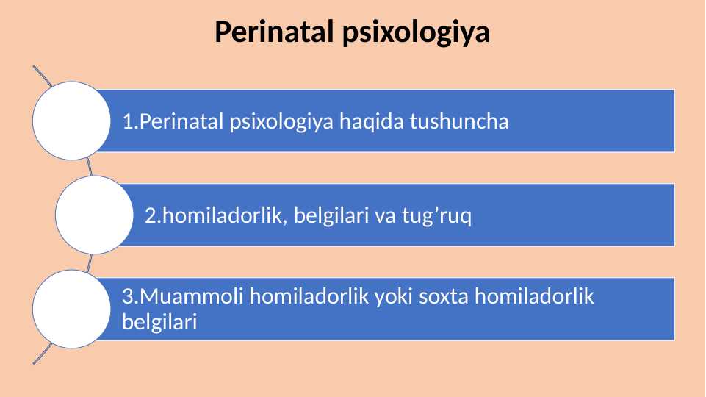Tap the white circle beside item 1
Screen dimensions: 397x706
coord(68,121)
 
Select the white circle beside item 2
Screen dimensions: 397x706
coord(90,215)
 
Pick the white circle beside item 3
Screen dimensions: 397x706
coord(68,309)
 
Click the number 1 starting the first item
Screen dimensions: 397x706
coord(127,121)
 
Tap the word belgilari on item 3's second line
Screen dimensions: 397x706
coord(159,321)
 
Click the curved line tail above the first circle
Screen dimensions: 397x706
coord(41,74)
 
